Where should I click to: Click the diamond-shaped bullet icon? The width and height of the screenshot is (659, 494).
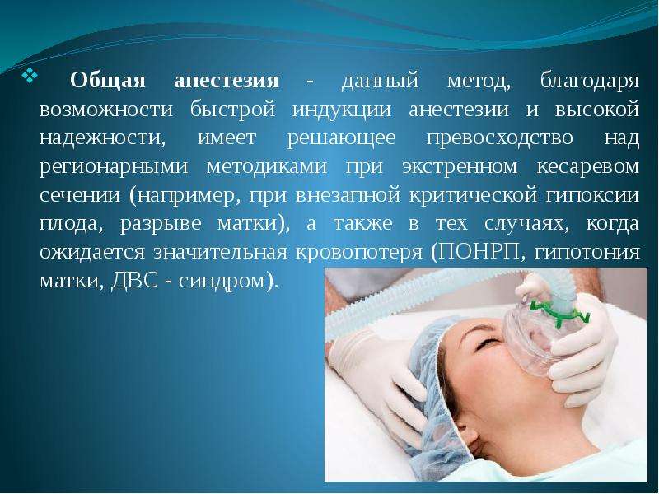pyautogui.click(x=30, y=75)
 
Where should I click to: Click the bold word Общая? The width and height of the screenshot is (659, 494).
pyautogui.click(x=108, y=80)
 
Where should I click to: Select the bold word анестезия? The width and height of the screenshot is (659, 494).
pyautogui.click(x=226, y=81)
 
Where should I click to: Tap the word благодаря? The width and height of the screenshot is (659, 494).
pyautogui.click(x=590, y=81)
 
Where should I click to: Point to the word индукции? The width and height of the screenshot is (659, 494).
pyautogui.click(x=342, y=110)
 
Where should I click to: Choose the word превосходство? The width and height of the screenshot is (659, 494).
pyautogui.click(x=500, y=138)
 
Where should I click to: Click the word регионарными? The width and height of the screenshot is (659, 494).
pyautogui.click(x=114, y=167)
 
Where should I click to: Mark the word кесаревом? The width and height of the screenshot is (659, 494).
pyautogui.click(x=588, y=167)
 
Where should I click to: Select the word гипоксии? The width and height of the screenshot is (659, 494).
pyautogui.click(x=592, y=196)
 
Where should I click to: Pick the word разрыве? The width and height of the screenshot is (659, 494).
pyautogui.click(x=161, y=224)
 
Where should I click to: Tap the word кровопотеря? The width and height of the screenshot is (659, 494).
pyautogui.click(x=359, y=253)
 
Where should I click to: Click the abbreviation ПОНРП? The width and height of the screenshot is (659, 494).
pyautogui.click(x=476, y=252)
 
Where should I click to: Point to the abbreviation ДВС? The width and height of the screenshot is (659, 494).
pyautogui.click(x=134, y=281)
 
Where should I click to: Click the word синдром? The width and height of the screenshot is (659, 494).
pyautogui.click(x=222, y=281)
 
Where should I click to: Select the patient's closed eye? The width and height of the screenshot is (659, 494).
pyautogui.click(x=487, y=345)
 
